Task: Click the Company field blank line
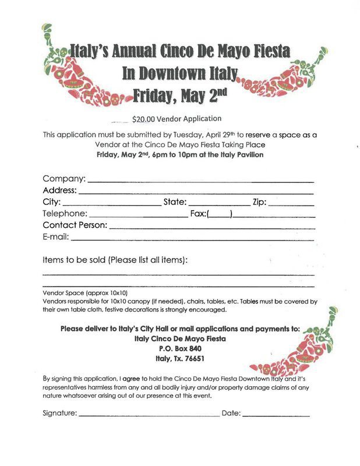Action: [200, 181]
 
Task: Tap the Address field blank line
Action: [196, 193]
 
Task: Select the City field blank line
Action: [111, 205]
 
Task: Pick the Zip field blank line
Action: [291, 205]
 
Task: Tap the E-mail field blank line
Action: [192, 239]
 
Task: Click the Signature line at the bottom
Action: [149, 415]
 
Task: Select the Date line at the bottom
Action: [276, 415]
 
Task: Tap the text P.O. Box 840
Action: [180, 348]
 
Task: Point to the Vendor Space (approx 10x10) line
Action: [85, 292]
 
